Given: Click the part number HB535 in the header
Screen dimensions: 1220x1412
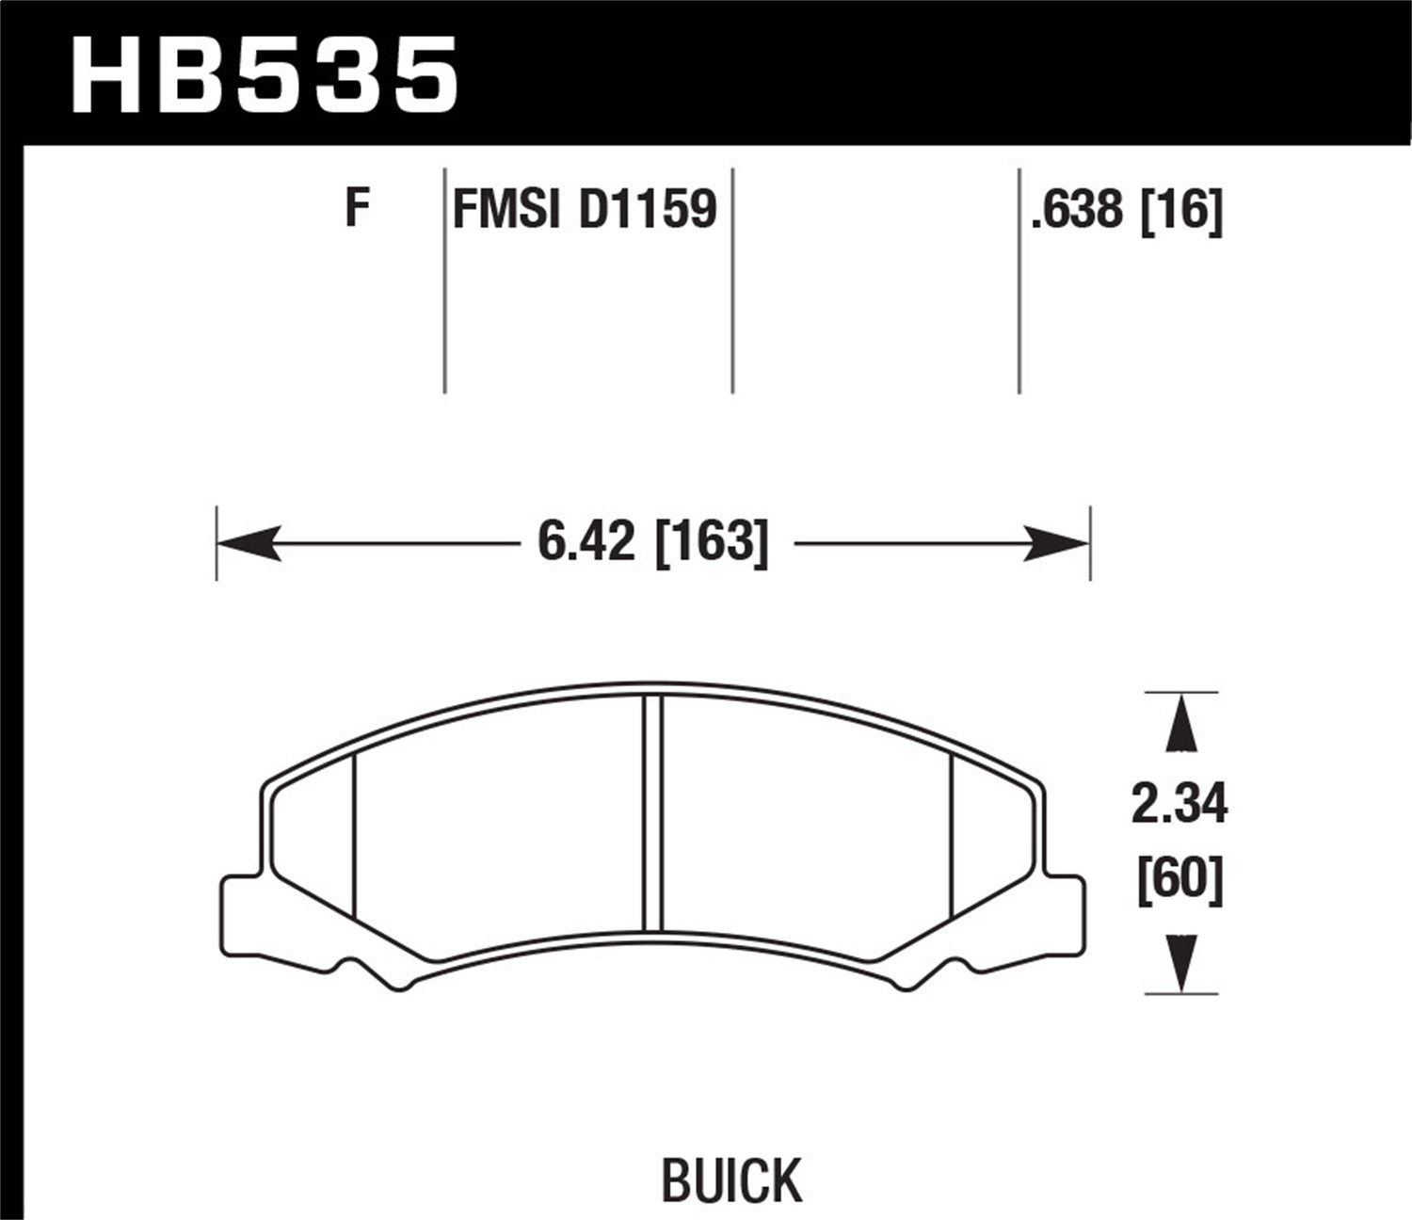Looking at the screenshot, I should coord(265,72).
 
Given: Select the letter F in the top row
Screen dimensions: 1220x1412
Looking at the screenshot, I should coord(356,208).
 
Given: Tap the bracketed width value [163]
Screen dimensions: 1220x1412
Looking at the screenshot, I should coord(711,543).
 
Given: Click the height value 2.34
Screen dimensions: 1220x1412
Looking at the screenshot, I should coord(1179,806).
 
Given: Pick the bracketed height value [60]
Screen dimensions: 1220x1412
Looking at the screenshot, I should coord(1179,881).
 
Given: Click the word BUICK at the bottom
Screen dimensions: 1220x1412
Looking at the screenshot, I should coord(731,1180).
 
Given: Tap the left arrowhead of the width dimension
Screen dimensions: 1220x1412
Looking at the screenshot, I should coord(249,543).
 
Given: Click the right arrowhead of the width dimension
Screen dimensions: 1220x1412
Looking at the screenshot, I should coord(1057,543).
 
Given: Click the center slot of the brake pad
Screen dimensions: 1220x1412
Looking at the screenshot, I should coord(652,814).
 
